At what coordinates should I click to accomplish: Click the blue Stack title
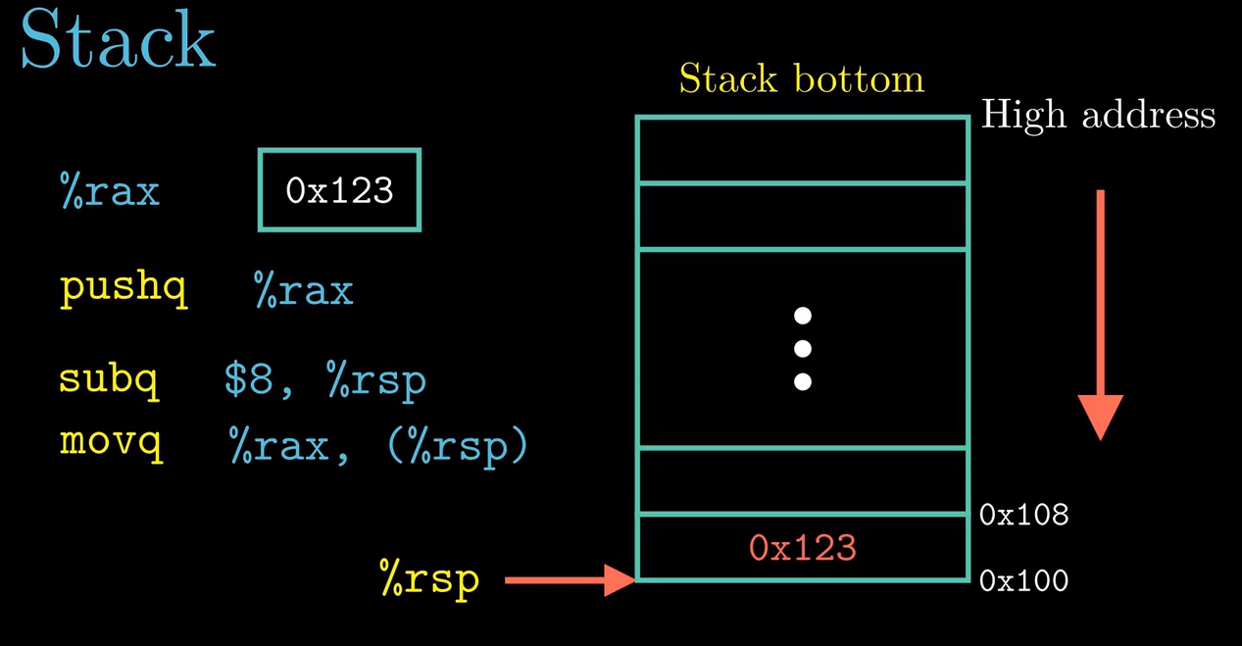(118, 39)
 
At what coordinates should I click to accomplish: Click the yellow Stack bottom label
(802, 78)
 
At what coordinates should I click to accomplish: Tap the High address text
(1098, 115)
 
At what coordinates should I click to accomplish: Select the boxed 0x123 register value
(339, 190)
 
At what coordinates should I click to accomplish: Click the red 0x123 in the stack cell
(802, 548)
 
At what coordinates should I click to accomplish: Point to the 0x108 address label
(1023, 515)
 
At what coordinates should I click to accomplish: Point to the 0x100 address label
(1023, 580)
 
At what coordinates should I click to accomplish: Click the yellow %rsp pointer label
(429, 580)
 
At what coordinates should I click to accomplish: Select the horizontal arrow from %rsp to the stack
(570, 580)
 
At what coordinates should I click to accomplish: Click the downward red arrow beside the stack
(1101, 315)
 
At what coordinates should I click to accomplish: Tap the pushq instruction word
(124, 287)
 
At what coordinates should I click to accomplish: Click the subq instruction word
(109, 379)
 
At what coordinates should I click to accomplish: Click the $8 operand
(248, 379)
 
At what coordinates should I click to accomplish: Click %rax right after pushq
(304, 289)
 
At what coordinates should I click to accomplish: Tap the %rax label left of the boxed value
(110, 191)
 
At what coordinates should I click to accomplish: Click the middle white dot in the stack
(802, 349)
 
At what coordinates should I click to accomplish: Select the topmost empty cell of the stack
(802, 150)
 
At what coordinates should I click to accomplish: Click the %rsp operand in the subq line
(377, 381)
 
